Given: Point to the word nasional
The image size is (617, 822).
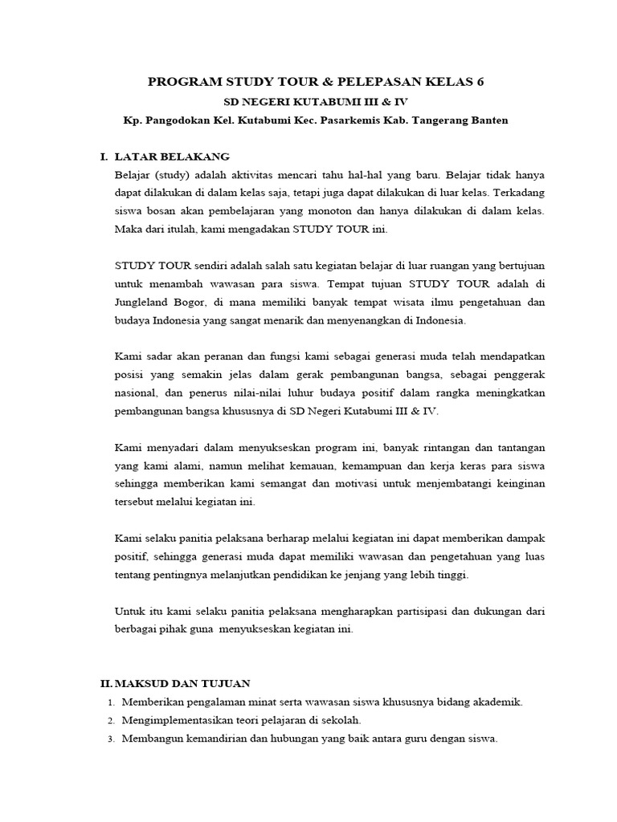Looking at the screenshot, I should (138, 393).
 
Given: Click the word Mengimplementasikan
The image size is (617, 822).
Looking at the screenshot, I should (186, 720).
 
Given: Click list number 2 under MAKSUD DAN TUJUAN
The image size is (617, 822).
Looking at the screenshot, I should (110, 720).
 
